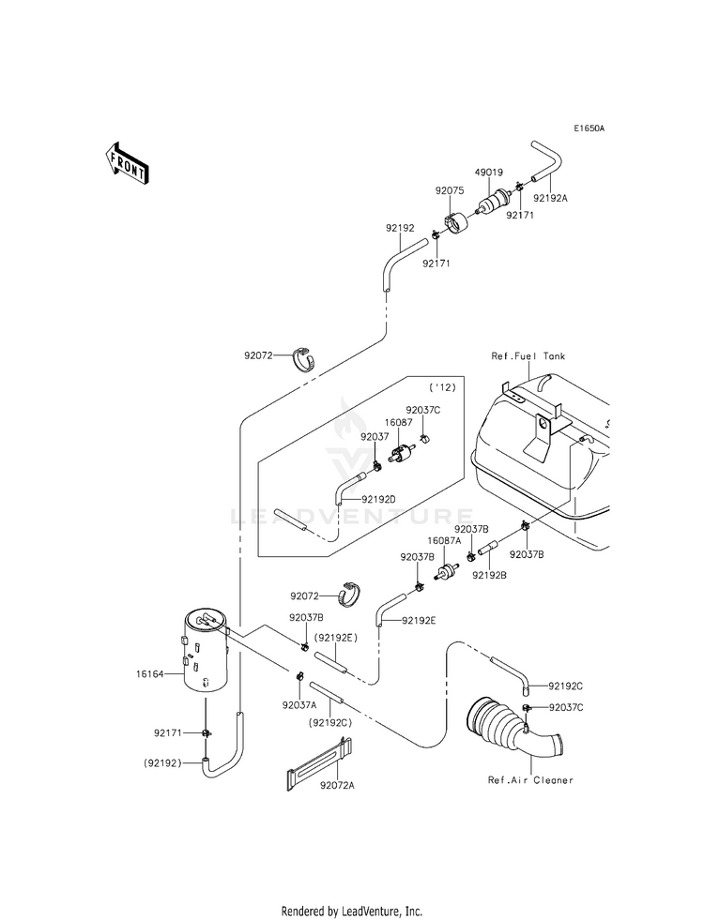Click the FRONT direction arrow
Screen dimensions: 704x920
[x=125, y=164]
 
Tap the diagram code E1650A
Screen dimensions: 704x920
[x=589, y=128]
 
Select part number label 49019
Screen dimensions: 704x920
[x=488, y=173]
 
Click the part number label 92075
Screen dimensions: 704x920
[x=450, y=190]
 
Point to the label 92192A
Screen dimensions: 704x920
[x=550, y=198]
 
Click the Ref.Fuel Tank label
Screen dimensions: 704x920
[x=528, y=356]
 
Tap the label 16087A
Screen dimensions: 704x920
[x=444, y=540]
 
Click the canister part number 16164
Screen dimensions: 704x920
[x=150, y=674]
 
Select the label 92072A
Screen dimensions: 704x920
[x=337, y=786]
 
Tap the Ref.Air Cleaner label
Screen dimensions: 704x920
[x=530, y=780]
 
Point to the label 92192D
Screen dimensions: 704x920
[x=378, y=499]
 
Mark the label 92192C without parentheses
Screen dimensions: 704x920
[x=566, y=686]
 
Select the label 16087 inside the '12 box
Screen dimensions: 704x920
[x=399, y=422]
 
